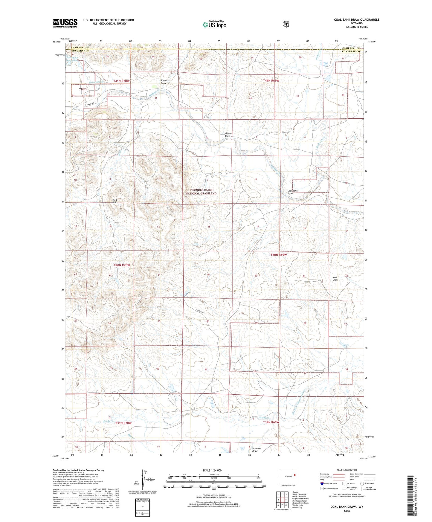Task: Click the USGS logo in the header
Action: tap(65, 23)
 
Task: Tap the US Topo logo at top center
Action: tap(214, 25)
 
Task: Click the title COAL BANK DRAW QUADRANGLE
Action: tap(356, 20)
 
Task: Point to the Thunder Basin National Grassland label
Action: tap(201, 192)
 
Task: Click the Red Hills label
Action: tap(115, 201)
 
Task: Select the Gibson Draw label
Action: tap(228, 135)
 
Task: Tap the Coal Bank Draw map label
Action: tap(292, 192)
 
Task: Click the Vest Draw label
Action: tap(335, 278)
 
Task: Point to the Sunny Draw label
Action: tap(164, 82)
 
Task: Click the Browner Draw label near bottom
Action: tap(256, 450)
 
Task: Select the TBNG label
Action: tap(83, 89)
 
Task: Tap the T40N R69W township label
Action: tap(279, 255)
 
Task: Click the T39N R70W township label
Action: tap(123, 423)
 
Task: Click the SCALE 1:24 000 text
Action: tap(212, 470)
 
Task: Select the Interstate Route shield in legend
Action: tap(322, 483)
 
